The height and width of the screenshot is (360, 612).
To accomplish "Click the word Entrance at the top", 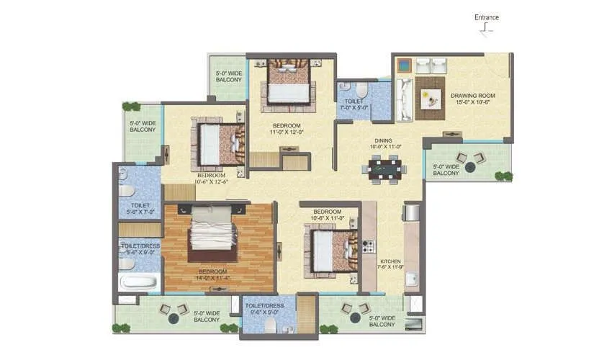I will point(486,17).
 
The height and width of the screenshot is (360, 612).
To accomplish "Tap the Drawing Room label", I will point(472,99).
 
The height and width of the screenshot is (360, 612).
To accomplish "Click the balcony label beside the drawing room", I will point(446,170).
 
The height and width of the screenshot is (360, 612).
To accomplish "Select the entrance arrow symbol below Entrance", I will point(487,30).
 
